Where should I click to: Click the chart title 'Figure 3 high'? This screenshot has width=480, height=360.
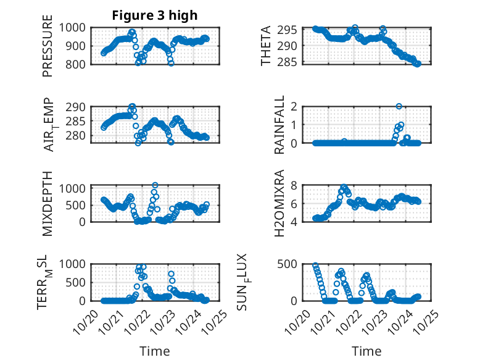coord(154,15)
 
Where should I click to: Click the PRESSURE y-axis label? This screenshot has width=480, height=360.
coord(48,51)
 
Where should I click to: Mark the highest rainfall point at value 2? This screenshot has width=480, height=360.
coord(399,106)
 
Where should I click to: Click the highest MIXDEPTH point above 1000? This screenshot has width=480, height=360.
coord(155,185)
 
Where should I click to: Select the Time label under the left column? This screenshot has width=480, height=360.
coord(154,351)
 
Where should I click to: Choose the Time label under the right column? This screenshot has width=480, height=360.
coord(366,351)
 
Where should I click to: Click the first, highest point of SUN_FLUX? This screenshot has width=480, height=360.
coord(315,266)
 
